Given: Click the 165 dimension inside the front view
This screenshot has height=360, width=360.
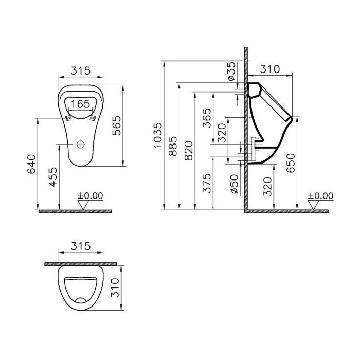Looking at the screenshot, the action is click(x=80, y=104).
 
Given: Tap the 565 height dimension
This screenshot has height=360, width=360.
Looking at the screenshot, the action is click(x=117, y=125).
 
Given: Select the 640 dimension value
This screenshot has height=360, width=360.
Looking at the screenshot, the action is click(x=32, y=164).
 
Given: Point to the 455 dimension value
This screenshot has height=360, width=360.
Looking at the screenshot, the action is click(x=53, y=177).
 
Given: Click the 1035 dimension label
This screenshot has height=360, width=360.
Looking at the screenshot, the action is click(x=158, y=135).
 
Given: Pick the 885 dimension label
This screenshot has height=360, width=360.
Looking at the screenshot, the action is click(x=173, y=147).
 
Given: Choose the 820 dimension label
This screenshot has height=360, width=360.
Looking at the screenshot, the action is click(x=189, y=151).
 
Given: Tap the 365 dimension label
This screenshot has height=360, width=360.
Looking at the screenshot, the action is click(x=207, y=118).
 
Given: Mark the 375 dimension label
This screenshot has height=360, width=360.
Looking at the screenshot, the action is click(x=207, y=183).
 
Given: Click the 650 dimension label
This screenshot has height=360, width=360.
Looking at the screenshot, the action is click(x=291, y=163).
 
